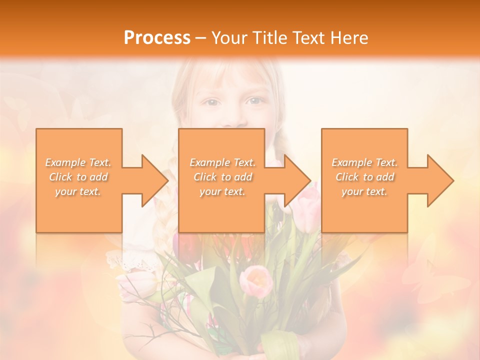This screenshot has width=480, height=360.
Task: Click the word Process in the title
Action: coord(157,38)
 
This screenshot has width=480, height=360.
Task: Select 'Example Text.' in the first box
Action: coord(78,162)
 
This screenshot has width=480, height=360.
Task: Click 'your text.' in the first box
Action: coord(78,191)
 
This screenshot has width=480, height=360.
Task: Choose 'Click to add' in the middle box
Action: coord(222,177)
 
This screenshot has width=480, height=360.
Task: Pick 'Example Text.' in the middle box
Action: coord(222,162)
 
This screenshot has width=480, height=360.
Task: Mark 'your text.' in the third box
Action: coord(364,191)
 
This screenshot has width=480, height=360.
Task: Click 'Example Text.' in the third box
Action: coord(364,162)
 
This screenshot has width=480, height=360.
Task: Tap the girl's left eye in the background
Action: coord(254,101)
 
